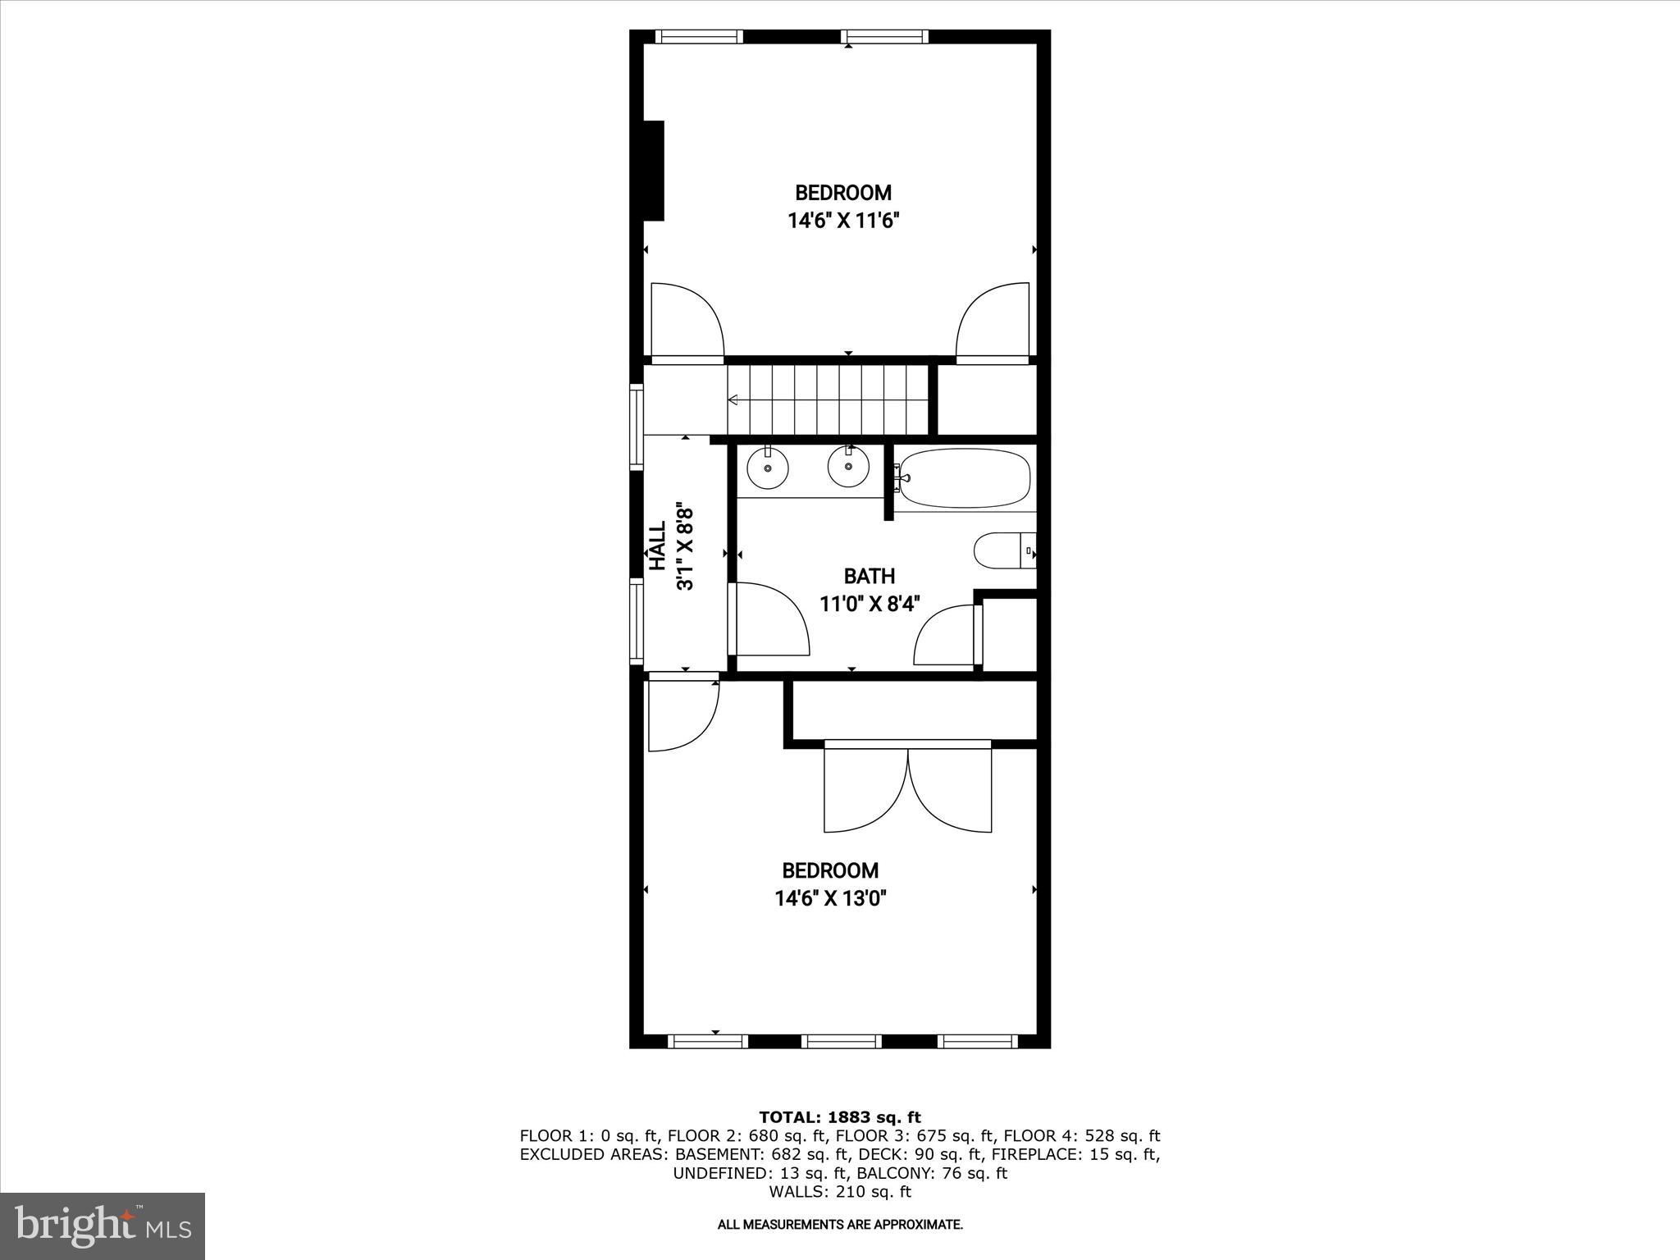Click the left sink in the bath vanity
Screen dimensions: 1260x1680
point(768,468)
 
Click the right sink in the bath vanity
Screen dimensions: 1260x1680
point(847,468)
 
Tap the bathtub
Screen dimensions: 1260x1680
point(964,477)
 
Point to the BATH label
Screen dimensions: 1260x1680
point(869,576)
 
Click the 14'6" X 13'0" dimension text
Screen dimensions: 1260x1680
point(830,898)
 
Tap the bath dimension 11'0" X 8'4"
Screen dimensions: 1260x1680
point(870,604)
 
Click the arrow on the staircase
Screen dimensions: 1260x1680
point(733,399)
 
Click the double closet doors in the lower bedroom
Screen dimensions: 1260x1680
point(907,787)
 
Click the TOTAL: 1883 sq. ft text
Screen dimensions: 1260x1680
point(839,1117)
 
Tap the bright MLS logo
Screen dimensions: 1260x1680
point(103,1226)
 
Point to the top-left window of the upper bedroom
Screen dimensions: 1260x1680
point(700,37)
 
